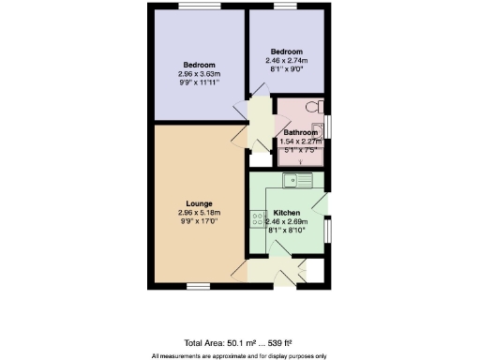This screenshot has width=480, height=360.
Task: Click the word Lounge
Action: click(x=199, y=203)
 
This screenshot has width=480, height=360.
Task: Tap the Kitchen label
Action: click(x=287, y=213)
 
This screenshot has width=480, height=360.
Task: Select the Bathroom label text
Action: click(x=301, y=133)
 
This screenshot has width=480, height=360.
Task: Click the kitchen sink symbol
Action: click(x=299, y=180)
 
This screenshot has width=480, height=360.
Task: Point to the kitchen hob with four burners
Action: click(x=258, y=220)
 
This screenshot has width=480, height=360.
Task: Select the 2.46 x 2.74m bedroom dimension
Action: click(x=287, y=59)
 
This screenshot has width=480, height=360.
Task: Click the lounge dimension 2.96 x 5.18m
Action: click(x=199, y=213)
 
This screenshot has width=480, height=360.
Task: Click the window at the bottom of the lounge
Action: click(x=197, y=285)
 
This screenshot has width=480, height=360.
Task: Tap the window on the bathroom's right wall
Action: click(x=329, y=125)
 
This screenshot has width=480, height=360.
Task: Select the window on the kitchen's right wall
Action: click(x=329, y=231)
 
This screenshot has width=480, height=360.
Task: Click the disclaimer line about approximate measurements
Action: click(x=239, y=355)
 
